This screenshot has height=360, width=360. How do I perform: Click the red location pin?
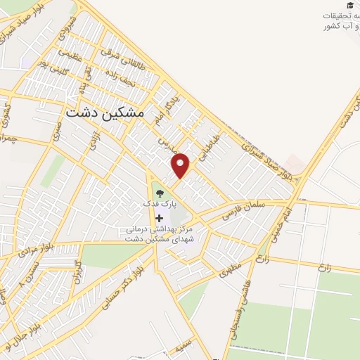point(181,165)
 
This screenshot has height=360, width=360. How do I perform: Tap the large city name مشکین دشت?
point(104,112)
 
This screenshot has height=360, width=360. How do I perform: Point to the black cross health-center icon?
point(158,219)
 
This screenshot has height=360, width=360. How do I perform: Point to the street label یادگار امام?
point(168,106)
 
